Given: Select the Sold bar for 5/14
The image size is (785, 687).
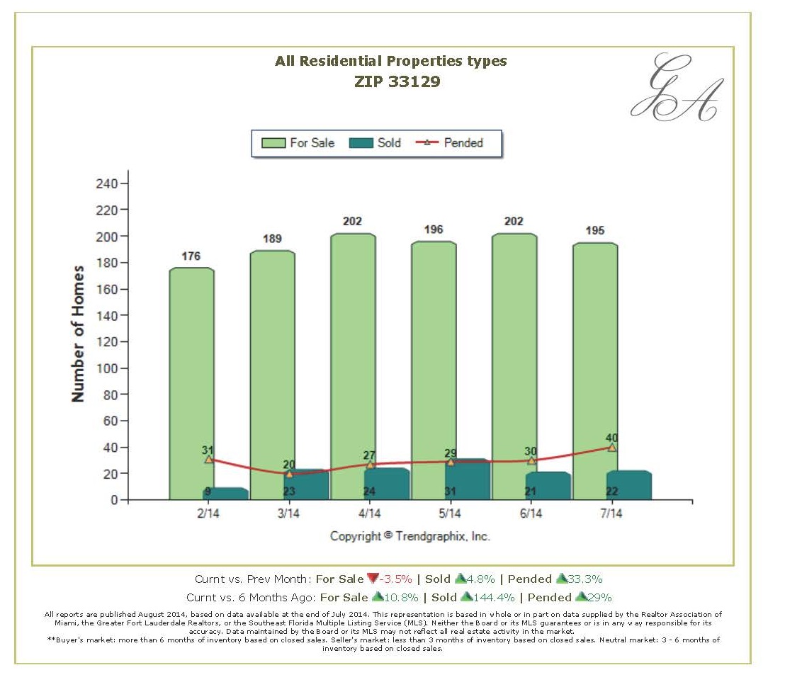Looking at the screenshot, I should (468, 480).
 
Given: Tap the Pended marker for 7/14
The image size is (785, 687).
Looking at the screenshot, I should (611, 448).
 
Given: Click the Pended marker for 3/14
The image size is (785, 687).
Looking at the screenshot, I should (289, 474).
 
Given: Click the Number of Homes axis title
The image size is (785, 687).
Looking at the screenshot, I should (79, 334).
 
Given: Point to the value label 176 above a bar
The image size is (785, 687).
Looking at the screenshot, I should (191, 256).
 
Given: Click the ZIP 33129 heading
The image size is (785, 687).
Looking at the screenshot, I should (397, 81).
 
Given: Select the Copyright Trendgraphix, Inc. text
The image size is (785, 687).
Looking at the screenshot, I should (410, 536).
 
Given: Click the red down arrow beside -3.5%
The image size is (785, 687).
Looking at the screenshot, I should (373, 579).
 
